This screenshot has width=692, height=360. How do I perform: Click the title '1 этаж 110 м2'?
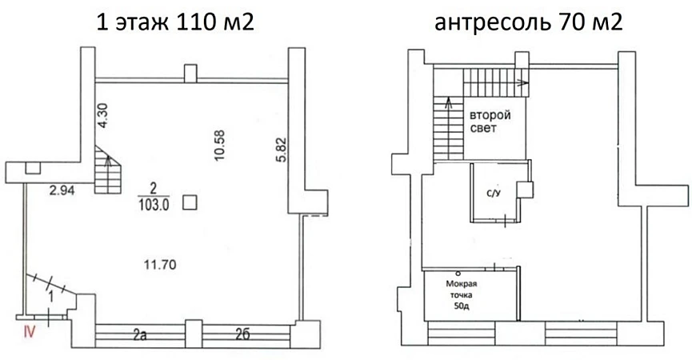tap(175, 22)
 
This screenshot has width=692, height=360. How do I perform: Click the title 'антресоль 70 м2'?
tap(529, 22)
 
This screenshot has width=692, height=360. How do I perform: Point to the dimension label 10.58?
tap(220, 145)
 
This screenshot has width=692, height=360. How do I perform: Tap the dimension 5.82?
tap(282, 150)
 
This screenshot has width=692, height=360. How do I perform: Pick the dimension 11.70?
tap(160, 265)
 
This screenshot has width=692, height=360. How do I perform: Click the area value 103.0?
tap(154, 205)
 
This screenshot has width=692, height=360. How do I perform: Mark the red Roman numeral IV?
tap(29, 331)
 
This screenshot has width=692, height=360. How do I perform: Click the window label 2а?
tap(140, 335)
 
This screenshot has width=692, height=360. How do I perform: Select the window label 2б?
tap(242, 334)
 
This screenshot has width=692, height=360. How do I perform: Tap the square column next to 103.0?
tap(190, 202)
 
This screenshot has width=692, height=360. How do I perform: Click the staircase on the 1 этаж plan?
tap(108, 170)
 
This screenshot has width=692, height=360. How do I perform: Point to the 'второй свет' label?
tap(490, 122)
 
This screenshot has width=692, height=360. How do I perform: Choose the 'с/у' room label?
tap(493, 193)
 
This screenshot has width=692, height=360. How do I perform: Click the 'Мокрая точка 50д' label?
tap(461, 295)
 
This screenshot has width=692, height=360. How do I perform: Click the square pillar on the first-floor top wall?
tap(190, 74)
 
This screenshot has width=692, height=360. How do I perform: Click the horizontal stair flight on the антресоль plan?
tap(496, 83)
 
